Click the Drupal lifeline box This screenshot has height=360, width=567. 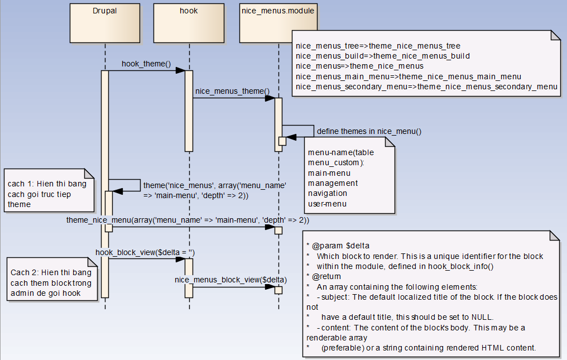tap(104, 22)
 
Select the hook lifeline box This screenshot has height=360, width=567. tap(189, 22)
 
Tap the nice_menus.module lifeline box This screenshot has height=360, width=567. tap(278, 22)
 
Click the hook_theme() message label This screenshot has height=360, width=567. tap(146, 64)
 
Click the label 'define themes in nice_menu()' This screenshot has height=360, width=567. tap(369, 131)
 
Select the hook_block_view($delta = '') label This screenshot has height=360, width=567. tap(145, 252)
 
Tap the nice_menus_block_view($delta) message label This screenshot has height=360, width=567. tap(231, 279)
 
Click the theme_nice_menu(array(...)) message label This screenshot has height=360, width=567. tap(188, 220)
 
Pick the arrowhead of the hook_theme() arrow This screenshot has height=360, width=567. tap(181, 70)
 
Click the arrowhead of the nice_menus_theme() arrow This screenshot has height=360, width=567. tap(270, 98)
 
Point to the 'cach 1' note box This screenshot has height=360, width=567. tap(48, 193)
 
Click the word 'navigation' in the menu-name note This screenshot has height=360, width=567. tap(328, 193)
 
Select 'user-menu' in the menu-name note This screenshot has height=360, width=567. tap(327, 204)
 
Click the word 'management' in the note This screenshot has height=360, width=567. tap(333, 183)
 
